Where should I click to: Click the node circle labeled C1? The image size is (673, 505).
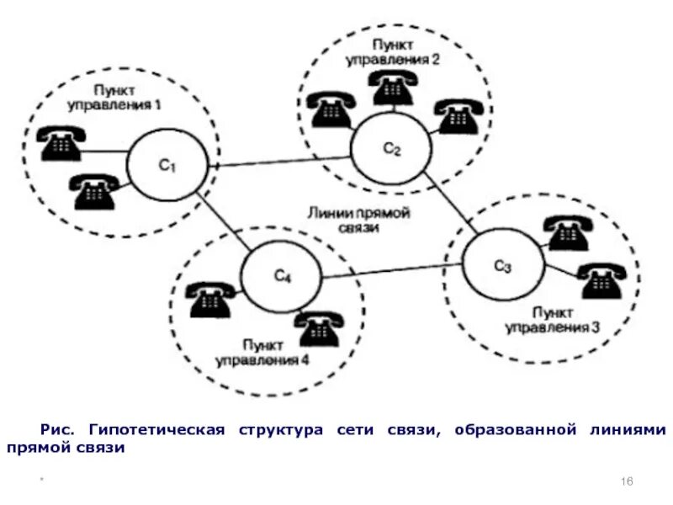pyautogui.click(x=167, y=166)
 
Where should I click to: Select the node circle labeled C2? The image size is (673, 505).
pyautogui.click(x=392, y=149)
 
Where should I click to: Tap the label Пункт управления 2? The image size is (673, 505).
pyautogui.click(x=392, y=52)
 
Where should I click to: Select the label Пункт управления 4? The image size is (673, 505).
pyautogui.click(x=262, y=353)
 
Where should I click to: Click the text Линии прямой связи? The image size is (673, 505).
pyautogui.click(x=358, y=221)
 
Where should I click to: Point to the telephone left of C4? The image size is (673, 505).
pyautogui.click(x=211, y=299)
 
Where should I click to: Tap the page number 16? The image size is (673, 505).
pyautogui.click(x=626, y=480)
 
